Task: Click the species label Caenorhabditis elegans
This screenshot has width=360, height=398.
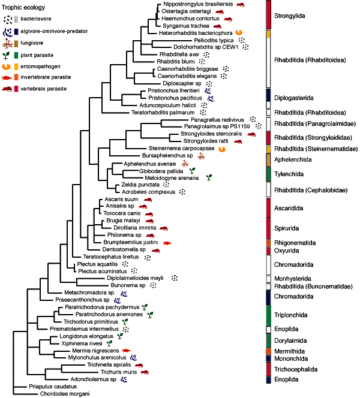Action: pos(187,76)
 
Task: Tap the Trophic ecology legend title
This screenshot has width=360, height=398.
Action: pos(23,7)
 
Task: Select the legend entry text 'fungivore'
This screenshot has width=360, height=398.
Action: pos(32,43)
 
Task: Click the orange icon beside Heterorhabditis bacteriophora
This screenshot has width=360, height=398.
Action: pos(239,32)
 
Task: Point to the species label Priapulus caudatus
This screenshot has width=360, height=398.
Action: pos(53,387)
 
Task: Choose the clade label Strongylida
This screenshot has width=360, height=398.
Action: pos(289,16)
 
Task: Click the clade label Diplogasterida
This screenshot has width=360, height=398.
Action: pos(293,98)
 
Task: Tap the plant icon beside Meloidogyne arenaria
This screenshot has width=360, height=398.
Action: pos(209,177)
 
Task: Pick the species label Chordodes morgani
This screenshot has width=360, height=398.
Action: pos(65,394)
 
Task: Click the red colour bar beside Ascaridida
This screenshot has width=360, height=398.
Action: pos(269,208)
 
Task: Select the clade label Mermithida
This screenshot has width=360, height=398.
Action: pos(289,351)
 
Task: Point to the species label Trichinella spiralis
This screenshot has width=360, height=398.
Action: pos(109,365)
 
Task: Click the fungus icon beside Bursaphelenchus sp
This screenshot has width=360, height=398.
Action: pos(201,156)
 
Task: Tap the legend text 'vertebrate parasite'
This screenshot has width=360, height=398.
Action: pos(43,89)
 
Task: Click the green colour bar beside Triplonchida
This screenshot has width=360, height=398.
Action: pos(269,315)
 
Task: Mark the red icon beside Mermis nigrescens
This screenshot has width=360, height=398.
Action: pos(126,351)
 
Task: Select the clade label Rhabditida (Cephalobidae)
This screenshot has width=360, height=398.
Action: pos(311,190)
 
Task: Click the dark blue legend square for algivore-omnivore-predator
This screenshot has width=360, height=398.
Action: pos(16,31)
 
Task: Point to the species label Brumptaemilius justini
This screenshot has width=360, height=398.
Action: pos(131,242)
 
